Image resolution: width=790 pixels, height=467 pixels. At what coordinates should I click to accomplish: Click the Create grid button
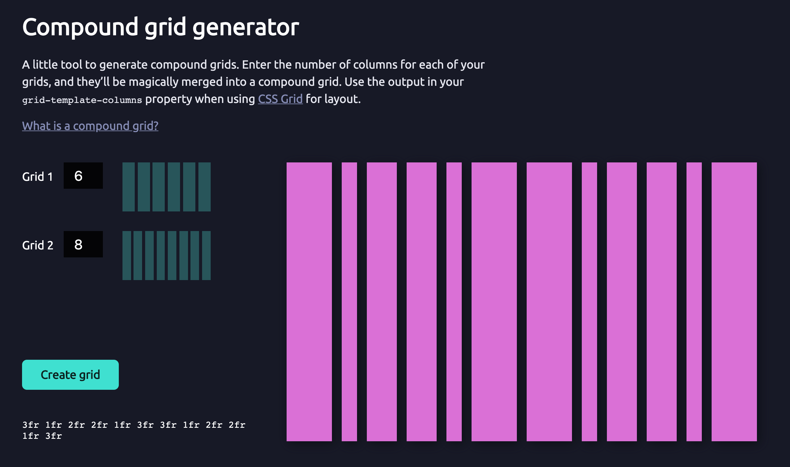pyautogui.click(x=70, y=374)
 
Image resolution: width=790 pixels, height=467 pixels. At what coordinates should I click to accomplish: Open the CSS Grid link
pyautogui.click(x=280, y=99)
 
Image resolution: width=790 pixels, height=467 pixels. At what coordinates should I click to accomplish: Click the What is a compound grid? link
pyautogui.click(x=90, y=126)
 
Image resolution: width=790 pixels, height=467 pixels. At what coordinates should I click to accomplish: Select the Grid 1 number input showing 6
pyautogui.click(x=83, y=176)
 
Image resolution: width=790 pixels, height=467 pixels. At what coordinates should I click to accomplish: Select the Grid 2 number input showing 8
pyautogui.click(x=83, y=244)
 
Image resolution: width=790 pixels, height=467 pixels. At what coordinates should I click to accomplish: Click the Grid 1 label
pyautogui.click(x=37, y=177)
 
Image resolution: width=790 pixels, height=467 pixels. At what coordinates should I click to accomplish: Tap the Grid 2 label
pyautogui.click(x=38, y=245)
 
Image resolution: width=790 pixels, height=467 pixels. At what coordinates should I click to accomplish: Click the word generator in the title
pyautogui.click(x=246, y=27)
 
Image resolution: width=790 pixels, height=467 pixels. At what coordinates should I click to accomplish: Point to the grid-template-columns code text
pyautogui.click(x=82, y=100)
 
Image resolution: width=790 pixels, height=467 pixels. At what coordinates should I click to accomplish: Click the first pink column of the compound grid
pyautogui.click(x=309, y=302)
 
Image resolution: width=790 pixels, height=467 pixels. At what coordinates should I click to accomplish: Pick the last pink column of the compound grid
pyautogui.click(x=734, y=302)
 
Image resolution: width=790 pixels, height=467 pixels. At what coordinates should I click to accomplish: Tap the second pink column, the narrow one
pyautogui.click(x=349, y=302)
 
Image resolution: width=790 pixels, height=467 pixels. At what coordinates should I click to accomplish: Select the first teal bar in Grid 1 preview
pyautogui.click(x=128, y=187)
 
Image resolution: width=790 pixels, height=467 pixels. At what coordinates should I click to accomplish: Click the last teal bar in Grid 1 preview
pyautogui.click(x=204, y=187)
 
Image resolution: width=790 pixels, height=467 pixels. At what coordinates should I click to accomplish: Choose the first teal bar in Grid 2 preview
pyautogui.click(x=126, y=255)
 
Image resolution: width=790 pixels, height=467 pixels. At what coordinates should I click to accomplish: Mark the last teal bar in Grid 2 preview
pyautogui.click(x=206, y=255)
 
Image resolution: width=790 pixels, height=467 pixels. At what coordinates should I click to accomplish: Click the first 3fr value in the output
pyautogui.click(x=31, y=425)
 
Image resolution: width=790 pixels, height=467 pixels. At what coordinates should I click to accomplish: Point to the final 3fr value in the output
pyautogui.click(x=54, y=436)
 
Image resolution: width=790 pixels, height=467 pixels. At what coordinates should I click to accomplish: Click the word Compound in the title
pyautogui.click(x=80, y=27)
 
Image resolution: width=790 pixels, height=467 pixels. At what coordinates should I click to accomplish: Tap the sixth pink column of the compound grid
pyautogui.click(x=494, y=302)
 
